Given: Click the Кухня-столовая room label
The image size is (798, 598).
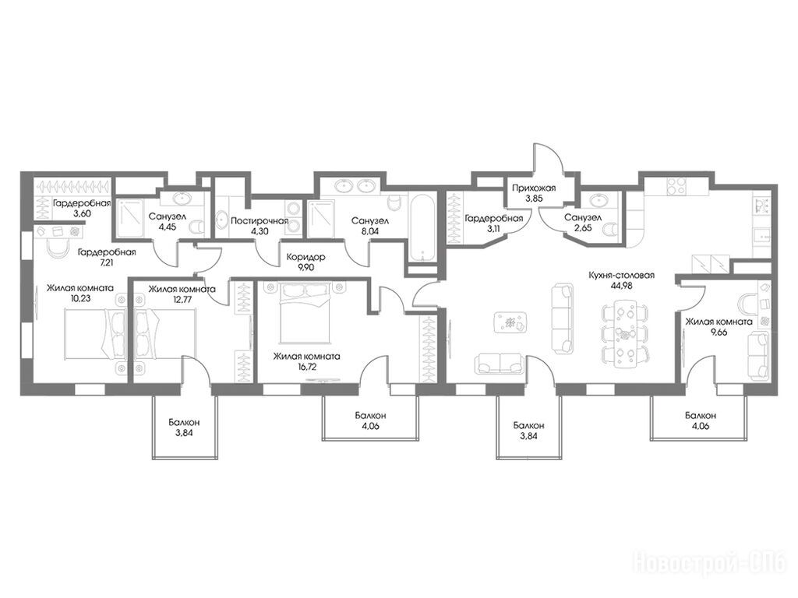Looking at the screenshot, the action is pyautogui.click(x=621, y=275).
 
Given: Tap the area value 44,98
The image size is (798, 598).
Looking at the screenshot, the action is pyautogui.click(x=621, y=285).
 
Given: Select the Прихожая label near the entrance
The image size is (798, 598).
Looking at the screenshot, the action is pyautogui.click(x=534, y=188).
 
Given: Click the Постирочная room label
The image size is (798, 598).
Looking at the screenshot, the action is pyautogui.click(x=260, y=221).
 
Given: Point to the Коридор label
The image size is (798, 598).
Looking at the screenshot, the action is pyautogui.click(x=305, y=257).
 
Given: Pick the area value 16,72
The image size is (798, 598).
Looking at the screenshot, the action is pyautogui.click(x=306, y=367).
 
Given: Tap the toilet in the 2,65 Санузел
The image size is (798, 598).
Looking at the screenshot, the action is pyautogui.click(x=609, y=230).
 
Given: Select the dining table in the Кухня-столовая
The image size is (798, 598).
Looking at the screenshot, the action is pyautogui.click(x=624, y=333).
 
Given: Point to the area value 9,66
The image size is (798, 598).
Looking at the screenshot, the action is pyautogui.click(x=719, y=332).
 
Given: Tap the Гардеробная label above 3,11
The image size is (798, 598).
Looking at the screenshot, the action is pyautogui.click(x=493, y=219).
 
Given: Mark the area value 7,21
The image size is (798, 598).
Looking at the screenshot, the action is pyautogui.click(x=106, y=263).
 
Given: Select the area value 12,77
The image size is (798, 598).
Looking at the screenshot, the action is pyautogui.click(x=181, y=299).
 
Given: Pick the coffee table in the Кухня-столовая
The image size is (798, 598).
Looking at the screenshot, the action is pyautogui.click(x=510, y=322).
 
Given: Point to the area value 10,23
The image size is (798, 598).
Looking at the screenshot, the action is pyautogui.click(x=80, y=299).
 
